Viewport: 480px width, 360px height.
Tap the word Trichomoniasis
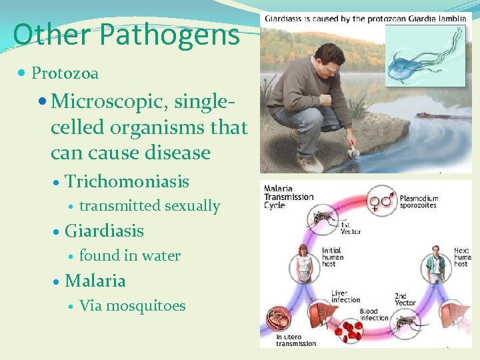127,181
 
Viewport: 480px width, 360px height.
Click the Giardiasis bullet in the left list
104,231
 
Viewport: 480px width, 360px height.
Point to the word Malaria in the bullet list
95,281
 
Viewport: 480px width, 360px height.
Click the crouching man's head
328,55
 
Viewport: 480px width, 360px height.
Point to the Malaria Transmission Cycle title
288,196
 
